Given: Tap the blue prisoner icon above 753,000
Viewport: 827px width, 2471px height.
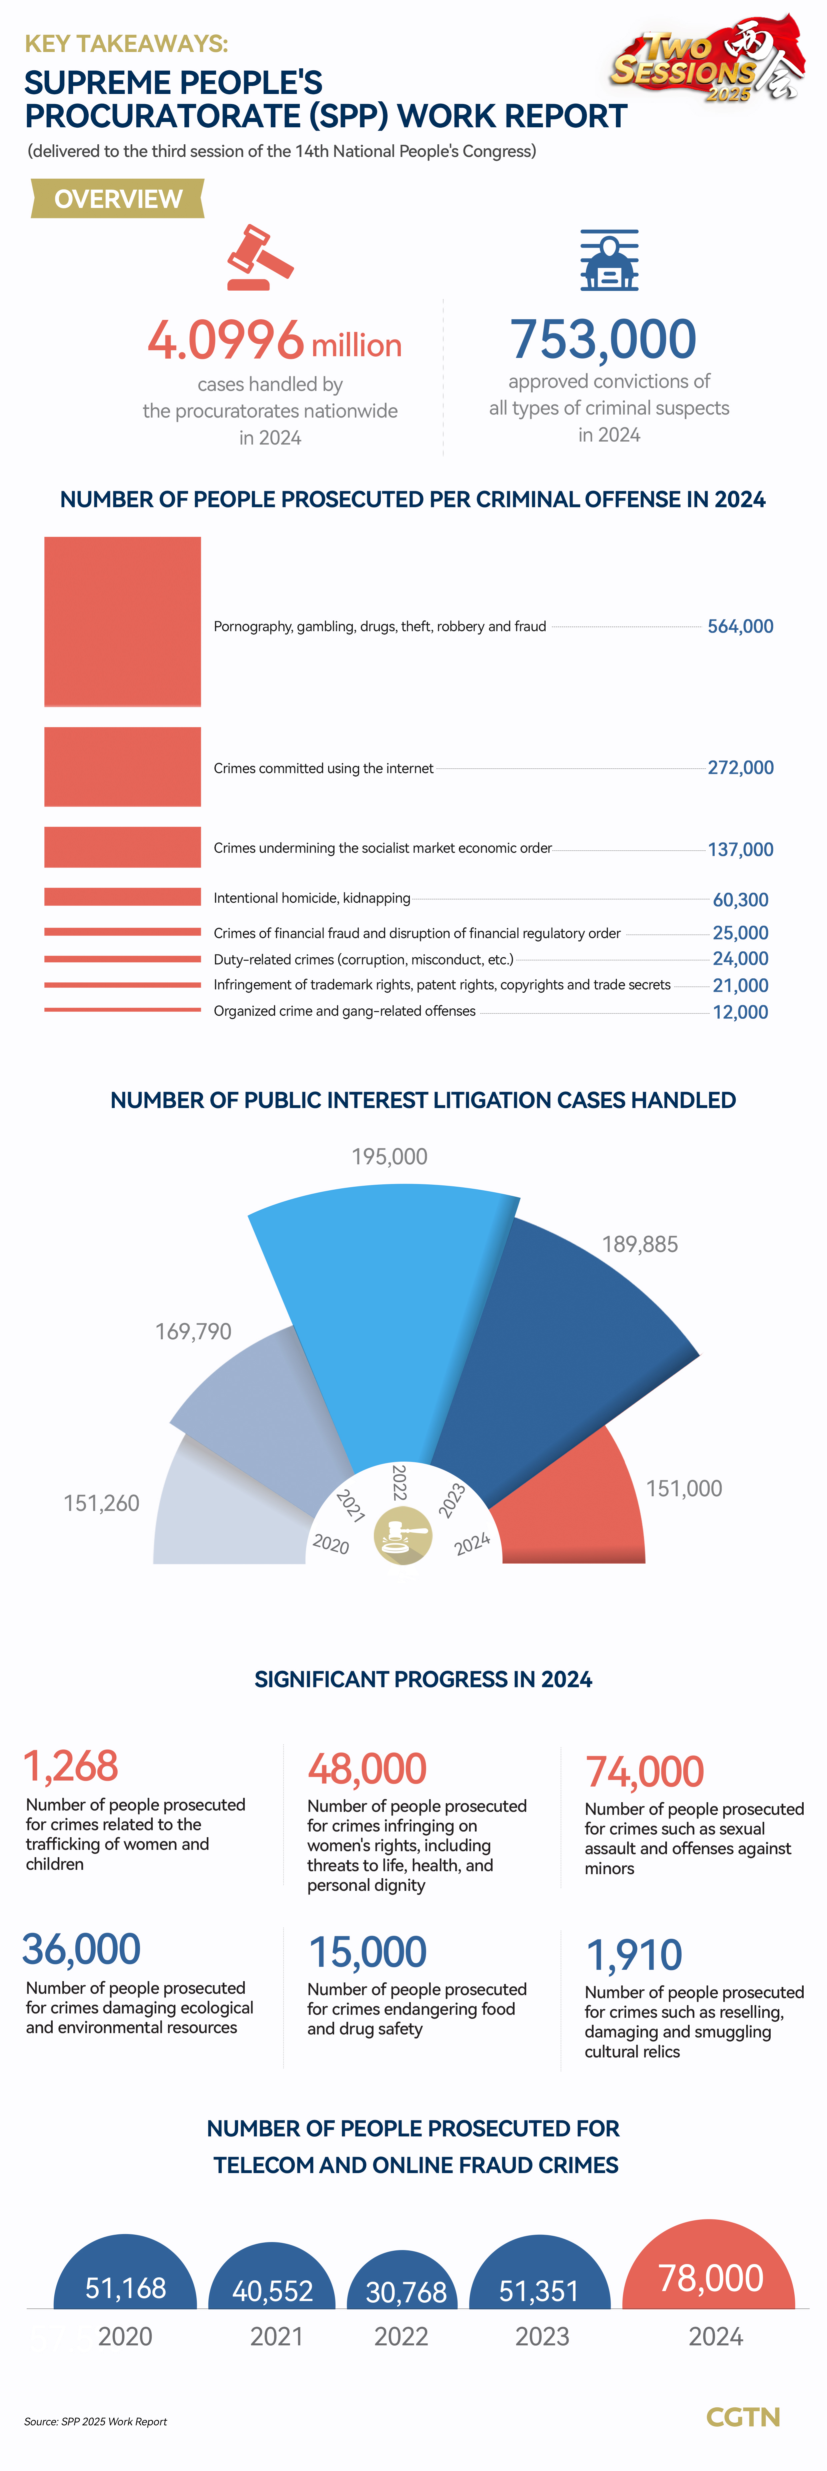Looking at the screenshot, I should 609,260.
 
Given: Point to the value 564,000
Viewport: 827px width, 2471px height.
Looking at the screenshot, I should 740,626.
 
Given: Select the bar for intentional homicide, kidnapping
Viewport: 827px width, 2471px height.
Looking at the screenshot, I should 123,897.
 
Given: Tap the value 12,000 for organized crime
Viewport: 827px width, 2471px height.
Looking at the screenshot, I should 740,1012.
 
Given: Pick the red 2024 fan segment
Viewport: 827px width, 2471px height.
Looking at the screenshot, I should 576,1506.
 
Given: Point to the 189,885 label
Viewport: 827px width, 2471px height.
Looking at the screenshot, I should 640,1244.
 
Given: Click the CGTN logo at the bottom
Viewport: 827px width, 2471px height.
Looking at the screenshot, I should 743,2416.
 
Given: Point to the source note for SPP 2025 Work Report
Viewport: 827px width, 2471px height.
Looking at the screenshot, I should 96,2421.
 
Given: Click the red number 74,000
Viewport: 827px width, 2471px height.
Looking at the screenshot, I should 645,1771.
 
